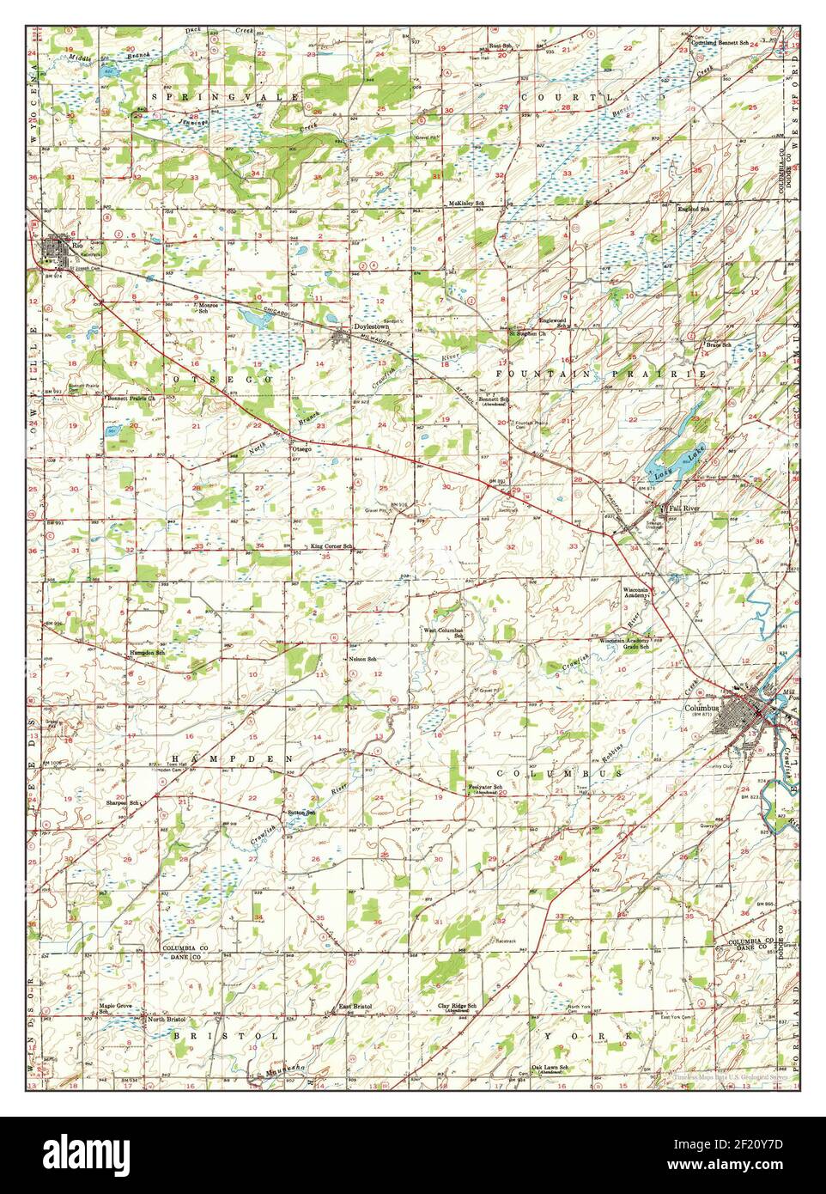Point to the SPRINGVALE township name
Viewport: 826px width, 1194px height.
[x=225, y=98]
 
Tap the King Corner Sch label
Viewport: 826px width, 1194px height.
[x=332, y=546]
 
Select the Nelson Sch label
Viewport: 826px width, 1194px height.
[x=363, y=658]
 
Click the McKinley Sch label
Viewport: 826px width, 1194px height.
[x=467, y=204]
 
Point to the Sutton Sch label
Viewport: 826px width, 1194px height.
[x=301, y=812]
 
